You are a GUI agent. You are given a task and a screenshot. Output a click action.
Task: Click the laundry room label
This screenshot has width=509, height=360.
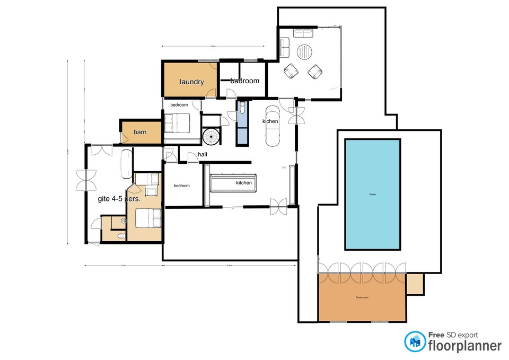tap(191, 82)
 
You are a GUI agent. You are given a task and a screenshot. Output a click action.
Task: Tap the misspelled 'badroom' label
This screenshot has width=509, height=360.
tap(244, 81)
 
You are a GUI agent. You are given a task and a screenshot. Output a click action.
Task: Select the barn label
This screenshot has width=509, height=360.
tap(140, 132)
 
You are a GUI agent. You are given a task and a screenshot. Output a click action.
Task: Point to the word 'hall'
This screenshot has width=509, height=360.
tap(202, 154)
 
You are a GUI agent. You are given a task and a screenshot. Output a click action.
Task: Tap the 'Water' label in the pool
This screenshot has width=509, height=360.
tap(372, 195)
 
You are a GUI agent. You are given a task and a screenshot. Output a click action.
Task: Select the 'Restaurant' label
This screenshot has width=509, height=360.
tap(362, 298)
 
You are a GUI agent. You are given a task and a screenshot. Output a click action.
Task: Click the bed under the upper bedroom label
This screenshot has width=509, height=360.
tap(176, 124)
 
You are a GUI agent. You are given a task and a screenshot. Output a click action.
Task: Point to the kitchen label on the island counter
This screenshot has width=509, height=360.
tap(244, 183)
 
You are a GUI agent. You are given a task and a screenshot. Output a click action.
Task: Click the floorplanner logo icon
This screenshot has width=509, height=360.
tap(415, 342)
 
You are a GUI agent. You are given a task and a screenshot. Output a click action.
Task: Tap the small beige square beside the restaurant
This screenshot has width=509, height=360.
tap(415, 284)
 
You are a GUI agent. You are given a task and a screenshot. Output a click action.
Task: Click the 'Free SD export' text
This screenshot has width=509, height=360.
tap(453, 335)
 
